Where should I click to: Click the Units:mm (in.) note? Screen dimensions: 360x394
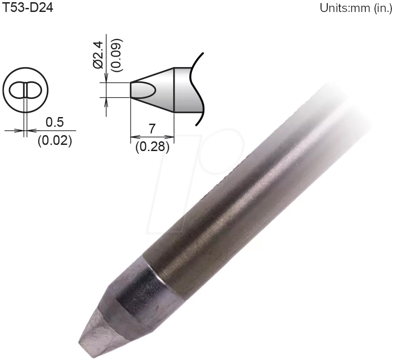(356, 8)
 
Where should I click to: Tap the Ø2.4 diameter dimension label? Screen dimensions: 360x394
(98, 53)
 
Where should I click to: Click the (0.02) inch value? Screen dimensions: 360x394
(54, 141)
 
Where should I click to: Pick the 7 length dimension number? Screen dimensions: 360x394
(152, 129)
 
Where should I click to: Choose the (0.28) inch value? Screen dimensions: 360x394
(152, 147)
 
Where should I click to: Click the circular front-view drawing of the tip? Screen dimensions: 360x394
(26, 91)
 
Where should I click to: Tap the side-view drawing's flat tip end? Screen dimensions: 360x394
(131, 90)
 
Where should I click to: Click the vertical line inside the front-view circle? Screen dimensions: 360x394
(26, 91)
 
